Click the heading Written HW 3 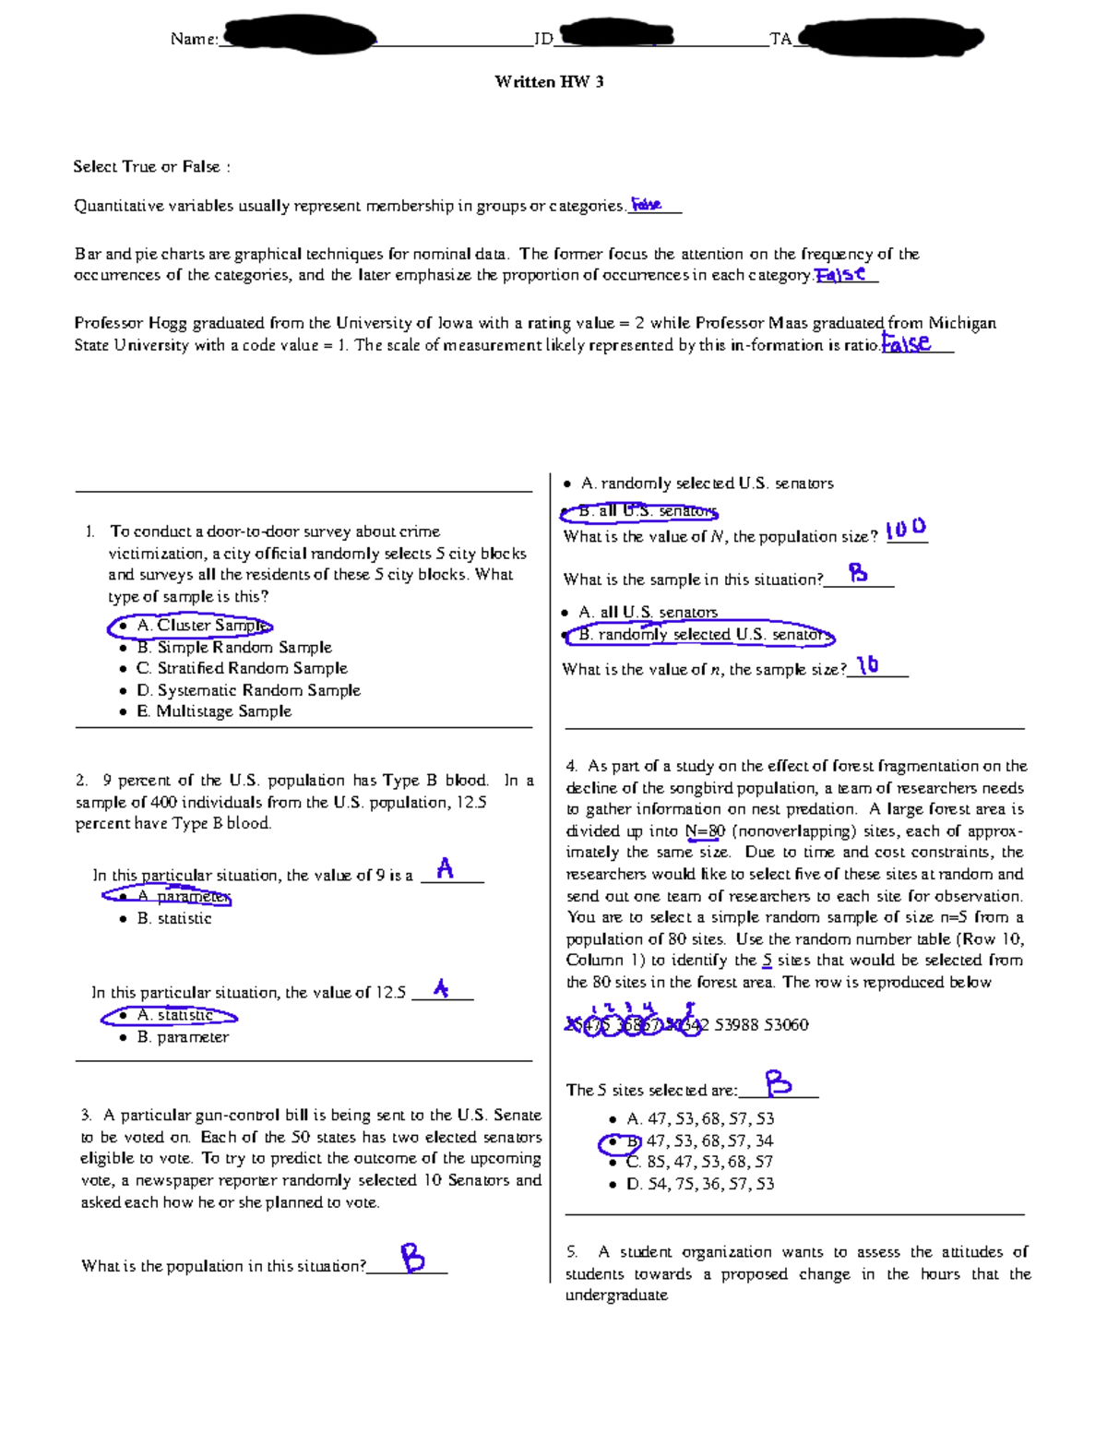[x=549, y=82]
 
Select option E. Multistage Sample [x=213, y=711]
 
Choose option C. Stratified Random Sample [x=241, y=669]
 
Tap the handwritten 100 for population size [x=905, y=530]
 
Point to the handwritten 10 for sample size [x=867, y=665]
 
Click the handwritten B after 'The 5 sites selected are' [x=778, y=1083]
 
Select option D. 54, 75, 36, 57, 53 [x=699, y=1184]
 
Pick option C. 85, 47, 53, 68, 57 [x=699, y=1163]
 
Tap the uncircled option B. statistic [x=173, y=919]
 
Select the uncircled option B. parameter [x=182, y=1037]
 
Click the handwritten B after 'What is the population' [x=412, y=1258]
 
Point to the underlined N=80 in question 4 [x=705, y=831]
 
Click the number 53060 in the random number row [x=786, y=1025]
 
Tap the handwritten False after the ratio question [x=906, y=343]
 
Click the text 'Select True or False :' [x=151, y=167]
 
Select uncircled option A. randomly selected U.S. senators [x=706, y=484]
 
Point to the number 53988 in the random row [x=736, y=1025]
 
